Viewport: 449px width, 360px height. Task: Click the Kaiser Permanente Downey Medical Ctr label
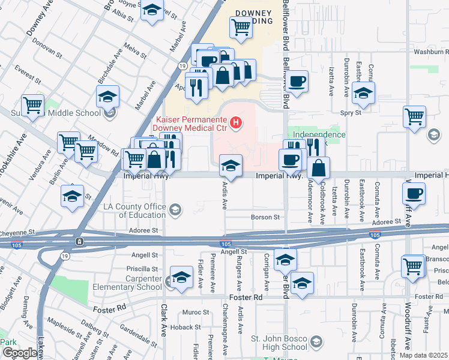(x=190, y=123)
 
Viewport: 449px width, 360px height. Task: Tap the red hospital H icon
(x=237, y=124)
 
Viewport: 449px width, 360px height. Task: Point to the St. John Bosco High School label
(x=277, y=346)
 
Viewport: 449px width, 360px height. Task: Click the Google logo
(x=20, y=353)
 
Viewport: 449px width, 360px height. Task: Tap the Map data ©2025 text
(x=423, y=355)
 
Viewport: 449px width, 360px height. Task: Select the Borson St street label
(x=265, y=217)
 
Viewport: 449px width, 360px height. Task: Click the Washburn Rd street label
(x=431, y=52)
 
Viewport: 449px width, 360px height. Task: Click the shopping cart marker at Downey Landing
(x=241, y=26)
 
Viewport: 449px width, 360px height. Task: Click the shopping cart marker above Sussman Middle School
(x=32, y=105)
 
